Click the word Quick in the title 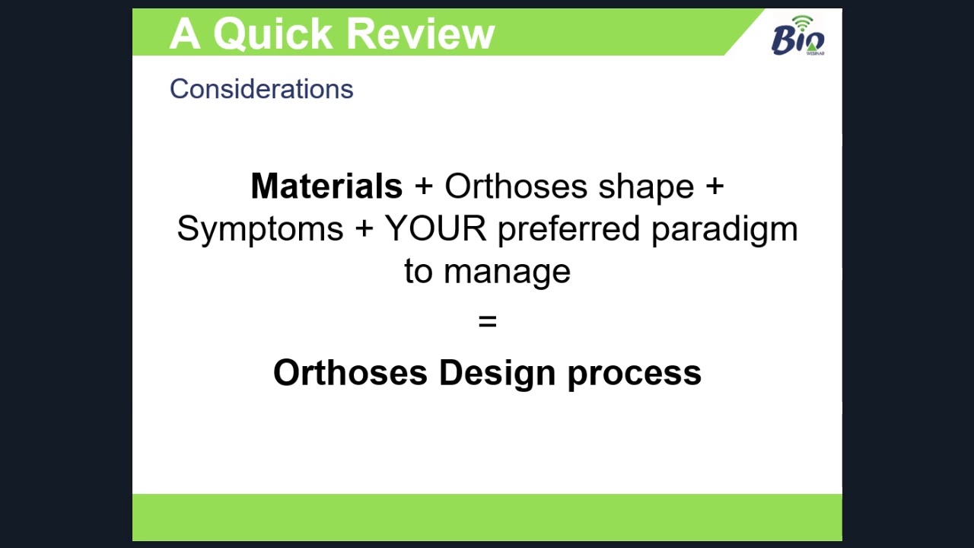272,34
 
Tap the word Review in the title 421,33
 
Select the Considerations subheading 261,89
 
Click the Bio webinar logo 798,36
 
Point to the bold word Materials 326,186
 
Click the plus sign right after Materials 424,187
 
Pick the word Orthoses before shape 516,186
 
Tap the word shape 646,188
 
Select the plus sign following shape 715,187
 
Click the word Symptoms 260,230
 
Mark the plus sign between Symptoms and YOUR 364,229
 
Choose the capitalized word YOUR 436,228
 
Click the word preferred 568,230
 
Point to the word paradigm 724,230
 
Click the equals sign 488,321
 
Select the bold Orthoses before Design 350,373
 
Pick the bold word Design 497,374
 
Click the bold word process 635,376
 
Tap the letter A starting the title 185,33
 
